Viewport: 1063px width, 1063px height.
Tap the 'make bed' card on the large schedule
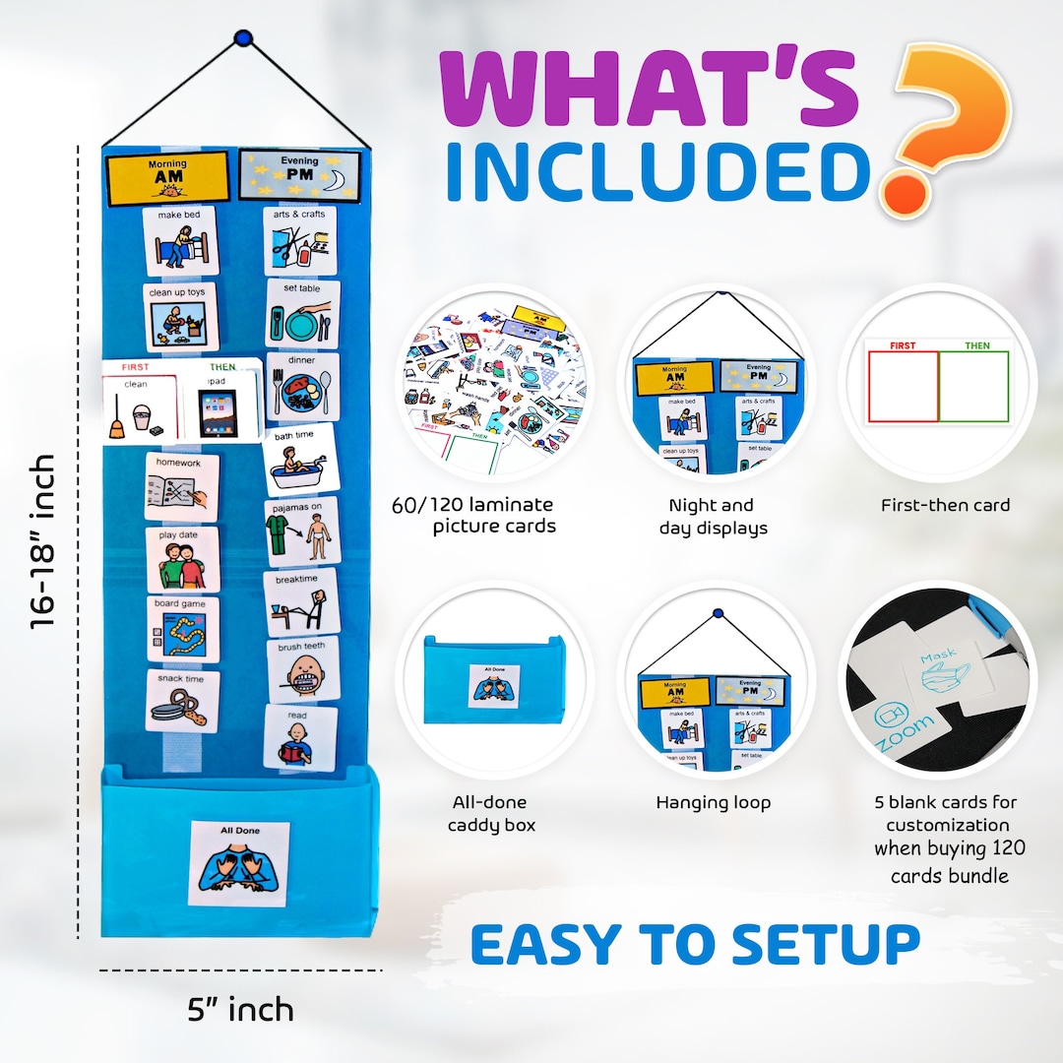(180, 240)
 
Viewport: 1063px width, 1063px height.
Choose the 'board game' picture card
(183, 629)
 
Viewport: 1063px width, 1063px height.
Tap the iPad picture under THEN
(219, 411)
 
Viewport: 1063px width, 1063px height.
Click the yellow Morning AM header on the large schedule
(167, 178)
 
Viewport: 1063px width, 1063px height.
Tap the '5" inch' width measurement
(240, 1009)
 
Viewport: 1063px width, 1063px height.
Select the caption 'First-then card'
(945, 505)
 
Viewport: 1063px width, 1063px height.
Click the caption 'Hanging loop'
(714, 802)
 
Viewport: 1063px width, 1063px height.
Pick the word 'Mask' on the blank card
(939, 657)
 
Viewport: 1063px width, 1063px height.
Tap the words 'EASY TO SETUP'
(695, 944)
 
